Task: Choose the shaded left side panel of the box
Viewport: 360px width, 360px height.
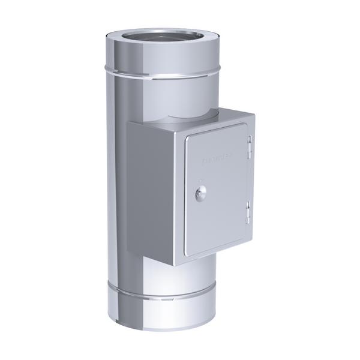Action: pos(150,192)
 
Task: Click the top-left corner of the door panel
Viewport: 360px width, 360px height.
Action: pos(187,137)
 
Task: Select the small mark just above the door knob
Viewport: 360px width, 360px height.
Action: pos(200,180)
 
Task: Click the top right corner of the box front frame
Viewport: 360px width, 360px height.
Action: pos(254,114)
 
